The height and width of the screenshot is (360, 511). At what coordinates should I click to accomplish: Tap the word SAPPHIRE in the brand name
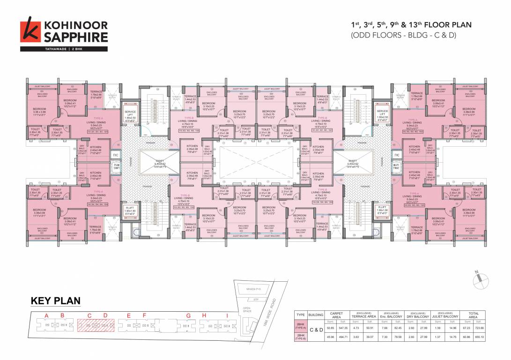(x=76, y=37)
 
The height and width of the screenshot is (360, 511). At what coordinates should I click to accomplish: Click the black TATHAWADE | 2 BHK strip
(x=64, y=49)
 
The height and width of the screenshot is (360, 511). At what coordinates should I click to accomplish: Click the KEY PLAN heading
(x=56, y=301)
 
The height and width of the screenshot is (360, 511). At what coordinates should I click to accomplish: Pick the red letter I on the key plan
(x=227, y=315)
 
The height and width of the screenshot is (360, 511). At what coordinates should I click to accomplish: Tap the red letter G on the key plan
(x=188, y=315)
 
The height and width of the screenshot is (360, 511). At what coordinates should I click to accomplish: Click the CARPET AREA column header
(x=336, y=315)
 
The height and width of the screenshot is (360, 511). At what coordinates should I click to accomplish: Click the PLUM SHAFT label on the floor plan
(x=116, y=166)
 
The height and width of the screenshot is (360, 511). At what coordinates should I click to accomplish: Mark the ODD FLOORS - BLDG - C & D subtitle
(x=403, y=35)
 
